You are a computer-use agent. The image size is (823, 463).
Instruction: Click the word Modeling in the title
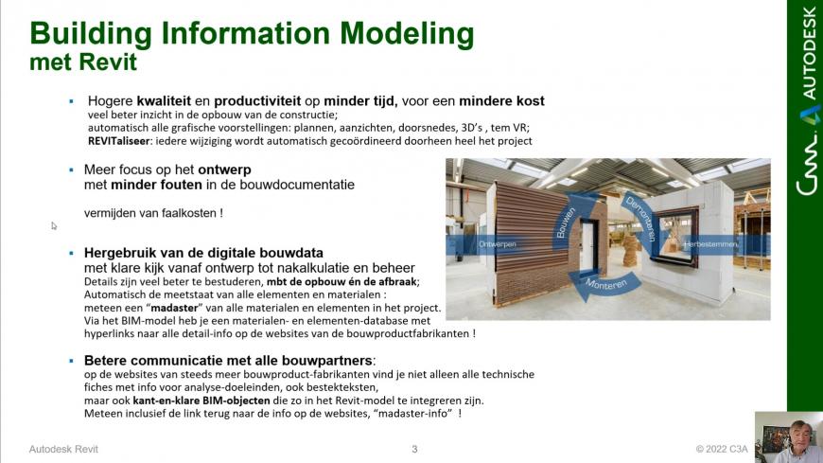(x=407, y=34)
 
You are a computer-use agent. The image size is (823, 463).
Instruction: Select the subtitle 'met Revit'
(x=83, y=62)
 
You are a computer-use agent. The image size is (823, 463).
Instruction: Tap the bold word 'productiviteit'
(x=257, y=101)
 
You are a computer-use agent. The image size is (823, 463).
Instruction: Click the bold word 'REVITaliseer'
(x=118, y=141)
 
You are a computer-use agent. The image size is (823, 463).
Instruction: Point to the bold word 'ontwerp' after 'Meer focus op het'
(x=224, y=170)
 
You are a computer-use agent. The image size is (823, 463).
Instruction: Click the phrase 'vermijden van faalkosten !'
(x=153, y=213)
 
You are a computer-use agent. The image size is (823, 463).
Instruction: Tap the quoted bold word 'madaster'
(x=174, y=308)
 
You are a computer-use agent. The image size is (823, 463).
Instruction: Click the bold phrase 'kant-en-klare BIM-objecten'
(x=201, y=401)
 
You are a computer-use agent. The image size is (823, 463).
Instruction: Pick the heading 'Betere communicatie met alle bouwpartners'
(x=228, y=361)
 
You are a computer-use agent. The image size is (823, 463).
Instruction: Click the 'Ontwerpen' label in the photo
(x=497, y=244)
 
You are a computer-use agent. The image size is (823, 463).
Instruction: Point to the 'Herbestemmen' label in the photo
(x=710, y=244)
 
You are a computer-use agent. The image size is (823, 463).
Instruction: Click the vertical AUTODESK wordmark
(x=809, y=53)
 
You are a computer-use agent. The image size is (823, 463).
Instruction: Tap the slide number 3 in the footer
(x=414, y=450)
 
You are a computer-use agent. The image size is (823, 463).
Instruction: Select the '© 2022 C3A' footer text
(x=722, y=450)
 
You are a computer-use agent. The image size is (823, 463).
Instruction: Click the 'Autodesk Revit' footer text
(x=63, y=450)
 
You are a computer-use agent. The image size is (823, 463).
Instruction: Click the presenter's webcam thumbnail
(x=789, y=437)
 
